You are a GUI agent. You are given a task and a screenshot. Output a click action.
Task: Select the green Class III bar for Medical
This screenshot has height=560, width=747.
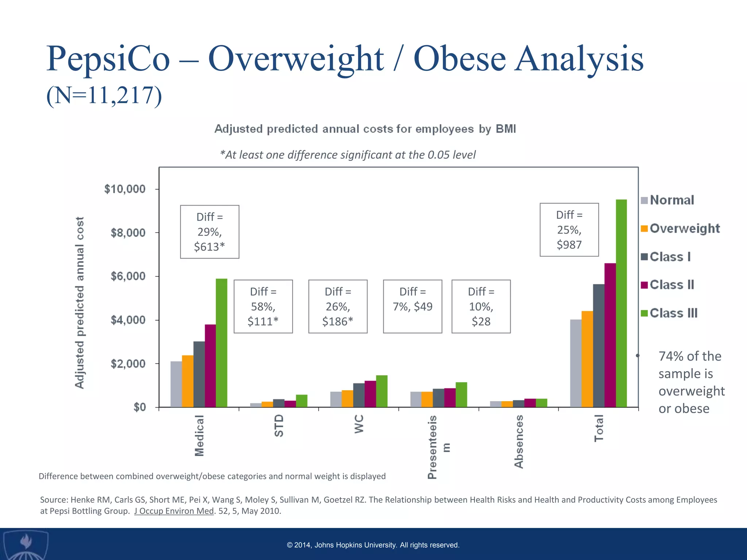click(x=221, y=343)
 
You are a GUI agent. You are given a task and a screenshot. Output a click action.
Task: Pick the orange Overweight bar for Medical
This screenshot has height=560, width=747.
click(x=187, y=381)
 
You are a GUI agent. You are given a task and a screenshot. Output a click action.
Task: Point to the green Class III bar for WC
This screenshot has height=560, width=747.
click(x=382, y=391)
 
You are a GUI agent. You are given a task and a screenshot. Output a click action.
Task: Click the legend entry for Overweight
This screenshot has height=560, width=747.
click(x=681, y=229)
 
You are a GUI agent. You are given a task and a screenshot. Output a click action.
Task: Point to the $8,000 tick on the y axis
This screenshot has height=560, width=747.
click(x=128, y=233)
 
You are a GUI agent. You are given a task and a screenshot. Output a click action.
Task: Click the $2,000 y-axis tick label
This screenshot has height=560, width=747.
click(x=128, y=363)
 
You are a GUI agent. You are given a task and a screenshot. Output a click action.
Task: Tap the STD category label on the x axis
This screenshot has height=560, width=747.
click(x=279, y=425)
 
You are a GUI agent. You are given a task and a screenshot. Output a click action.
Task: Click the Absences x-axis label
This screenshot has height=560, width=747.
click(x=519, y=442)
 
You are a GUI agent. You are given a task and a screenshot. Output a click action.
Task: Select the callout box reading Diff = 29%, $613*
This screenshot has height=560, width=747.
click(x=210, y=232)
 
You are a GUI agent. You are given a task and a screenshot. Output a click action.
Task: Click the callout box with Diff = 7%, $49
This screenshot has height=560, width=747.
click(x=413, y=306)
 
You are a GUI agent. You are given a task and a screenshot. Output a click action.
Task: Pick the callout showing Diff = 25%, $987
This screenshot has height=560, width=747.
click(x=569, y=230)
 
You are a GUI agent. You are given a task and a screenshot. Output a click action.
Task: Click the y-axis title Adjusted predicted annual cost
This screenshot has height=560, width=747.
click(x=80, y=303)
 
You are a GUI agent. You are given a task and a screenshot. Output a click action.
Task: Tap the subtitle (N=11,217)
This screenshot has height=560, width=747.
click(x=104, y=96)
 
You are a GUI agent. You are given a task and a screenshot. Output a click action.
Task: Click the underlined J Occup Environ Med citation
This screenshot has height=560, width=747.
click(x=174, y=511)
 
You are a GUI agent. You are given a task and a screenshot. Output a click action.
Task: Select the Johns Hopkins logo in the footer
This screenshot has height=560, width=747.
click(x=25, y=545)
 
